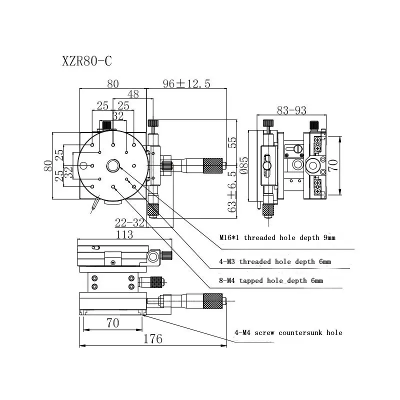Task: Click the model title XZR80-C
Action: [x=87, y=61]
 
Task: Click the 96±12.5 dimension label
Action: [x=186, y=83]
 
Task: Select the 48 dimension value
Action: [x=133, y=94]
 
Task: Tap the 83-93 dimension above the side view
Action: [x=291, y=110]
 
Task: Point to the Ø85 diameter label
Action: [x=244, y=165]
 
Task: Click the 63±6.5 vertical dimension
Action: [x=232, y=192]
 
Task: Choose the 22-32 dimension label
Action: [x=129, y=222]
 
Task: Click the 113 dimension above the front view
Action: [x=124, y=234]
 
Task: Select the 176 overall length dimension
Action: [x=153, y=339]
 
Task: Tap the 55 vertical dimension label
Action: [x=232, y=142]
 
